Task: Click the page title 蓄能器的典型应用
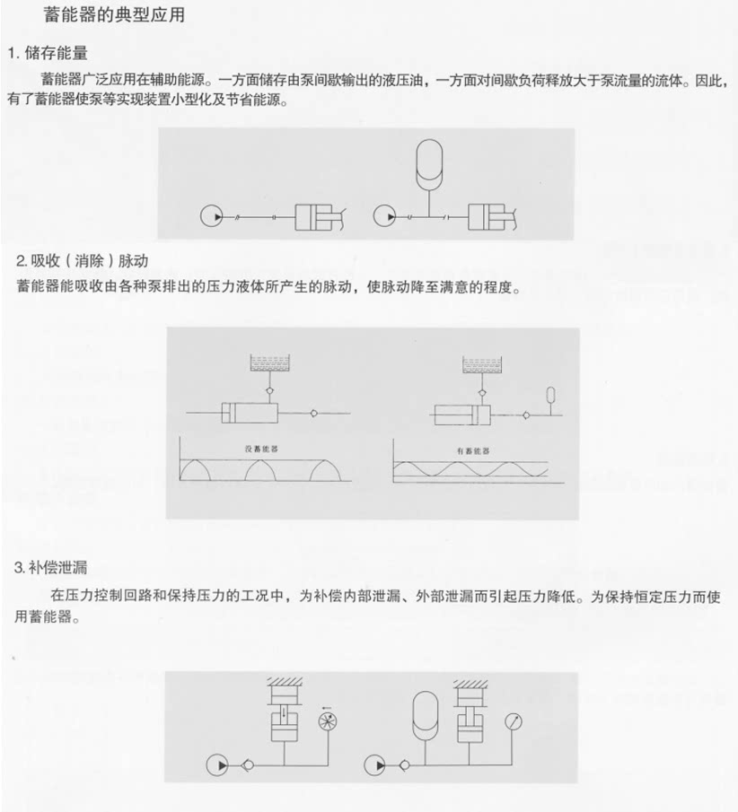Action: [114, 15]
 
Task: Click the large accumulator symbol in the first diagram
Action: [430, 163]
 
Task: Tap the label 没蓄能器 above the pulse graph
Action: [262, 447]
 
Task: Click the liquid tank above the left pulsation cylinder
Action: [267, 363]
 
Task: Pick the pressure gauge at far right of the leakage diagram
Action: [514, 720]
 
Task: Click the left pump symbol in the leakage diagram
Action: [217, 765]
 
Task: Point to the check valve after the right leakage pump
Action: [405, 765]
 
